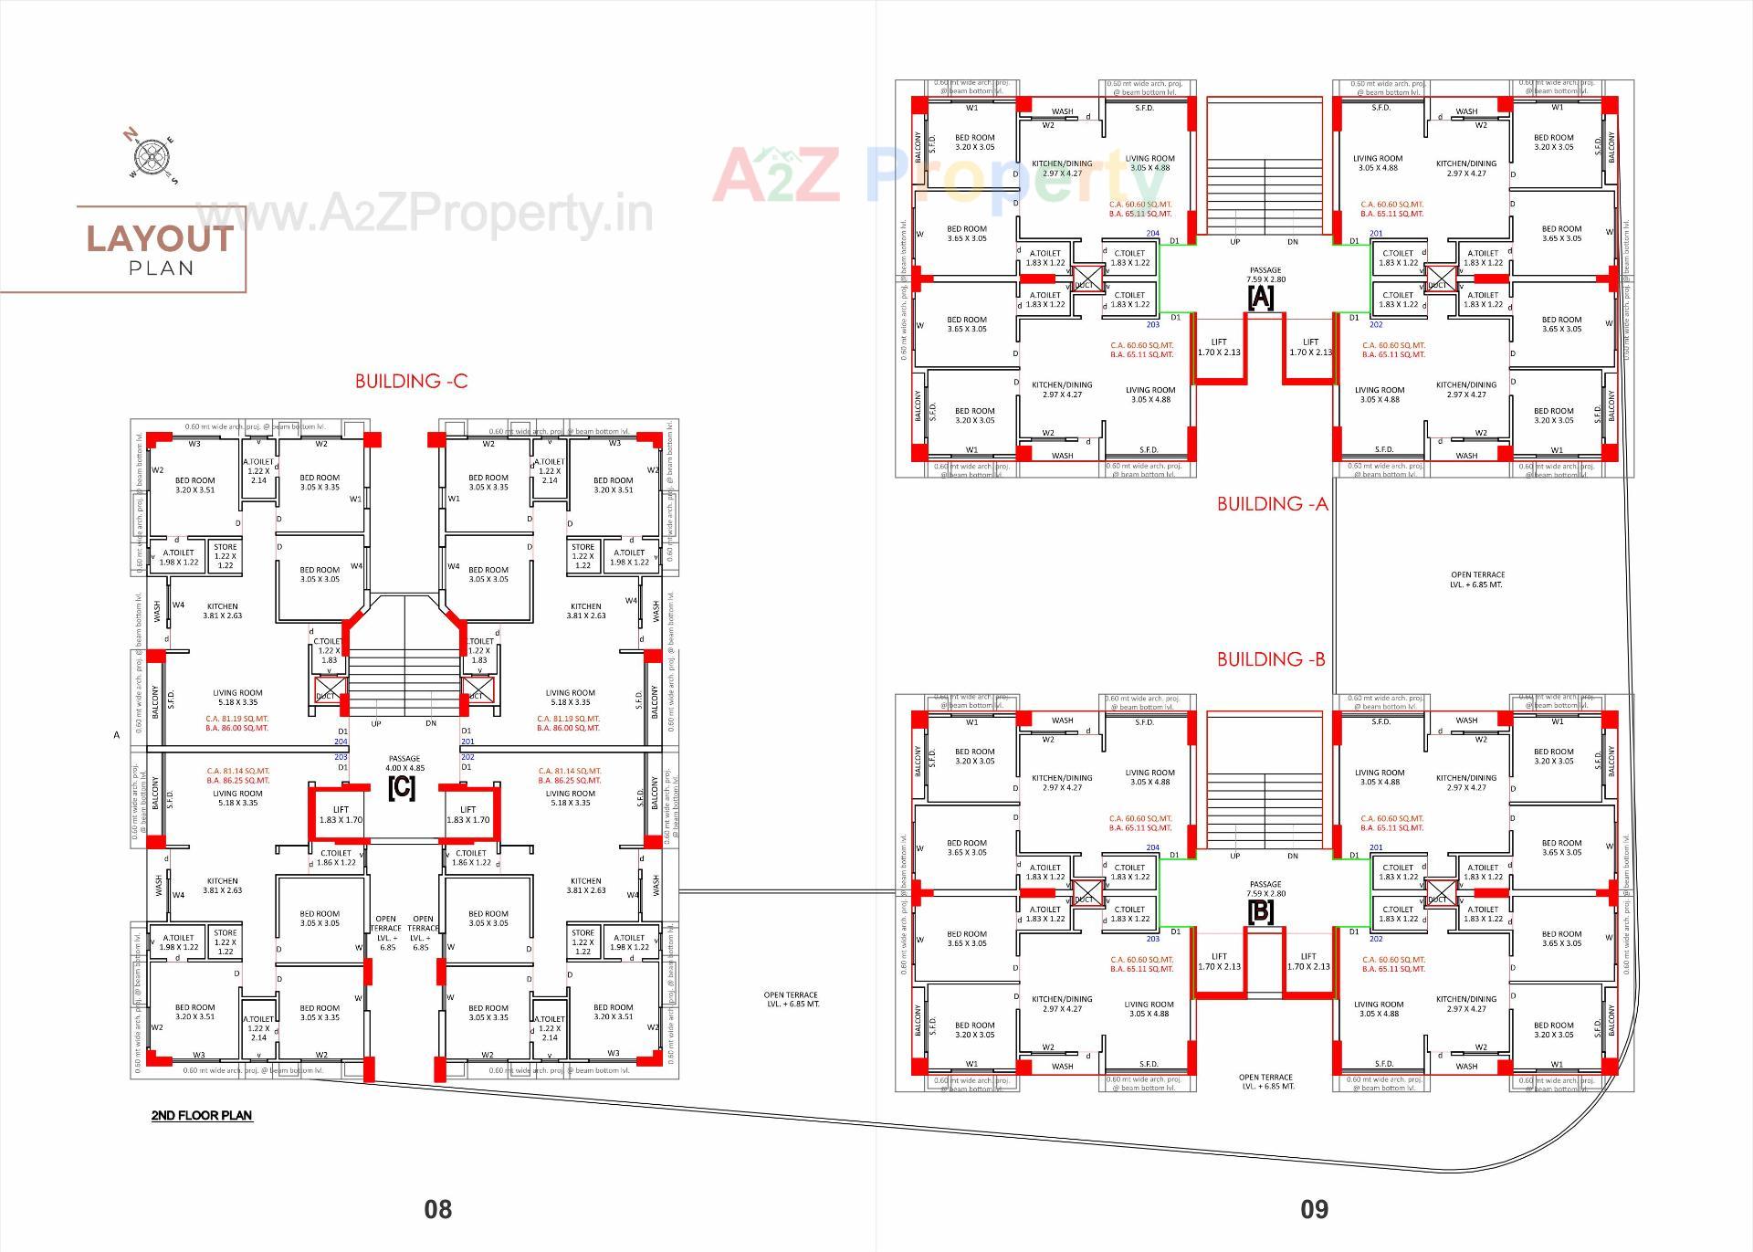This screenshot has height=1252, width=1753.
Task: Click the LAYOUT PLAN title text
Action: click(161, 247)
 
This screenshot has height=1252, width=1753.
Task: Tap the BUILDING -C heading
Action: click(411, 382)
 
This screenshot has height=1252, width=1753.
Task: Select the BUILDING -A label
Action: click(1272, 503)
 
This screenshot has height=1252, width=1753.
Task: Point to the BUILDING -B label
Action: click(1271, 658)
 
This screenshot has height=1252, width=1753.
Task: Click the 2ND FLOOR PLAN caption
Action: click(202, 1115)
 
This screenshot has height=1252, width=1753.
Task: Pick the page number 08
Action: click(437, 1209)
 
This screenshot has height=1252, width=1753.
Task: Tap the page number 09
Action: click(1314, 1209)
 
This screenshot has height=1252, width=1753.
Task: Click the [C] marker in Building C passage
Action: click(402, 787)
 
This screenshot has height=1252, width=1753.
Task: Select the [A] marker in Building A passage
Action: click(1260, 297)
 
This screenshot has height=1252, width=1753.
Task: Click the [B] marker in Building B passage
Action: click(1260, 911)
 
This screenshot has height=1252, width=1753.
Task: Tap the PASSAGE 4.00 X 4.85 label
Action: click(404, 763)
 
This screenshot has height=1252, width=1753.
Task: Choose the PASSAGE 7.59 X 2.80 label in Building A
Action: click(1265, 275)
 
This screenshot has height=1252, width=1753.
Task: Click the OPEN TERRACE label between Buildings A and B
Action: click(1476, 580)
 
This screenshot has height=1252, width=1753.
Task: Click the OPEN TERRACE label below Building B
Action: click(1266, 1081)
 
